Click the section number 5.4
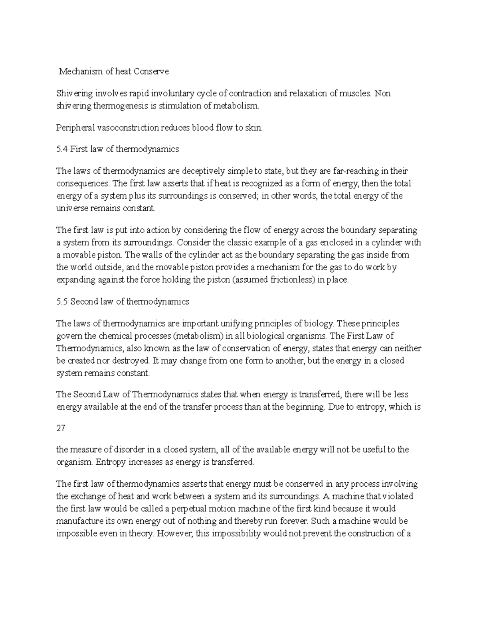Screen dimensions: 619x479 tap(62, 149)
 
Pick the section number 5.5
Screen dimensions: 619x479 tap(62, 302)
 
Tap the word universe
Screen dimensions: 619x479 tap(72, 208)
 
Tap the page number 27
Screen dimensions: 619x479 tap(61, 428)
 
